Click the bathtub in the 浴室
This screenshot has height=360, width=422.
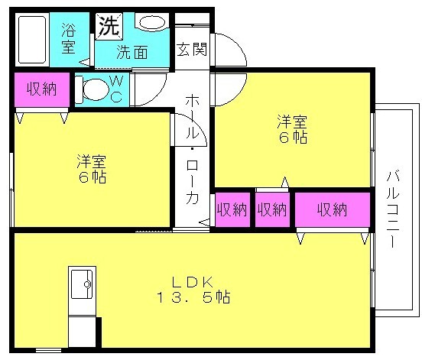(x=32, y=40)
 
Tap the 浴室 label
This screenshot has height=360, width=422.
(x=68, y=38)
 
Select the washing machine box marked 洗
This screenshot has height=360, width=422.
(x=109, y=26)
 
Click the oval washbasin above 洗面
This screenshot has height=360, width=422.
(x=152, y=23)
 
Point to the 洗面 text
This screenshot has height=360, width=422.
(x=131, y=52)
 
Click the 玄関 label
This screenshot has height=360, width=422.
(x=192, y=49)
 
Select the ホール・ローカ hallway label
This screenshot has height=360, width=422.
(x=192, y=149)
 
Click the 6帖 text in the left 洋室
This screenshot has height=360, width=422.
(x=92, y=177)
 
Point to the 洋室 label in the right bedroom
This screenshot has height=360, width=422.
(x=292, y=122)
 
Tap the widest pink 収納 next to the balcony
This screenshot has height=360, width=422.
(x=333, y=210)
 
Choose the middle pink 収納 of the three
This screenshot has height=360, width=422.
(x=272, y=210)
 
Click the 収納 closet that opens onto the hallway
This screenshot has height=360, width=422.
(x=232, y=210)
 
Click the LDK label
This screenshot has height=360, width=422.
(x=193, y=282)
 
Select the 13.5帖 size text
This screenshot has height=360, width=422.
(x=193, y=297)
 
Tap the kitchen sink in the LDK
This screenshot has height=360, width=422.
(x=82, y=284)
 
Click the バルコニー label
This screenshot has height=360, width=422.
(x=393, y=209)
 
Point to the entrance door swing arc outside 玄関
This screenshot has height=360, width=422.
(x=237, y=45)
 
